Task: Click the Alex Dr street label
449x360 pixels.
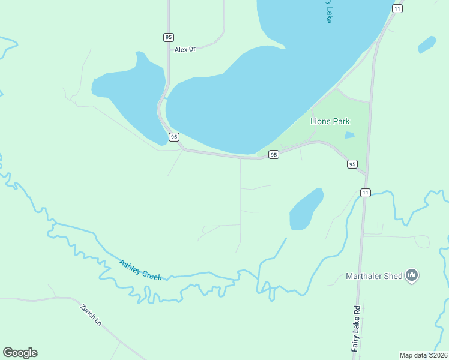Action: coord(185,49)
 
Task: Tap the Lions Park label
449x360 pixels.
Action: coord(330,121)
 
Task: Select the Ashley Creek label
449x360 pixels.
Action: coord(140,269)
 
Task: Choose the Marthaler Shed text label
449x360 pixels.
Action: coord(373,277)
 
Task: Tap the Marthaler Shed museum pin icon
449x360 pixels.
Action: coord(412,275)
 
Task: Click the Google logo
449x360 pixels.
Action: coord(20,353)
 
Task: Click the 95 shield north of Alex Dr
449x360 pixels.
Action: coord(168,37)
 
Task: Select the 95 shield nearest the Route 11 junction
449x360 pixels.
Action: coord(352,164)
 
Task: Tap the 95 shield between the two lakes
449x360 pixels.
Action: coord(174,137)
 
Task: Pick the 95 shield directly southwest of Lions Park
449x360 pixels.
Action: coord(273,154)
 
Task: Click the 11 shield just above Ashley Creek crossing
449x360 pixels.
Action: coord(366,193)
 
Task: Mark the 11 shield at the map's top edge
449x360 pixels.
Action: coord(397,8)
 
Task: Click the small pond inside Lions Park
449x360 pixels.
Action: coord(349,136)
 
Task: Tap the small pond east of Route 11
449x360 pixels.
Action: coord(427,44)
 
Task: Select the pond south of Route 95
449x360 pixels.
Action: coord(306,209)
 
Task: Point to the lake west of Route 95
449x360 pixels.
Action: coord(129,96)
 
